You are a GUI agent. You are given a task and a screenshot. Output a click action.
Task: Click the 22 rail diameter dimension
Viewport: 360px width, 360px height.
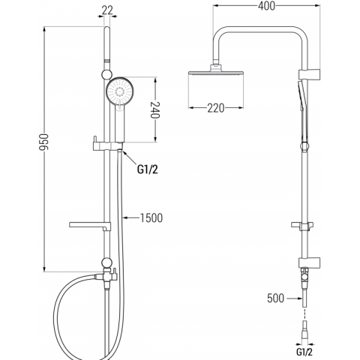pos(107,10)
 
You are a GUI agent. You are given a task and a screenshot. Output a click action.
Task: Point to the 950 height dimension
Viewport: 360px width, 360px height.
pos(43,142)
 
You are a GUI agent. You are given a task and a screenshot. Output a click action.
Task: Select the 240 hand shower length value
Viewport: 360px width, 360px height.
pos(155,110)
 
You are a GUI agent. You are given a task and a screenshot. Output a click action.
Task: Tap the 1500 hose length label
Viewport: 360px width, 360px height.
pos(151,218)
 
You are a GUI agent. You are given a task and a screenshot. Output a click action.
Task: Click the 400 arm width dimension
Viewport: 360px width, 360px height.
pos(266,6)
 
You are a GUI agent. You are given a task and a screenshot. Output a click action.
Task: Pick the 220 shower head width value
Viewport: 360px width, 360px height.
pos(216,108)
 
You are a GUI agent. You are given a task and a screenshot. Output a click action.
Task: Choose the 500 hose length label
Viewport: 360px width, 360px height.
pos(276,298)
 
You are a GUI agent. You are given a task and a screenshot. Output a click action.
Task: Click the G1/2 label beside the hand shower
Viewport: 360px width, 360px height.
pos(148,170)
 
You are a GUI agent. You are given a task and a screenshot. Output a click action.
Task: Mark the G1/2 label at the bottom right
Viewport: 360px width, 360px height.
pos(304,352)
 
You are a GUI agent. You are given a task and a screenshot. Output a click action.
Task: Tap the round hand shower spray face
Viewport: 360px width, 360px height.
pos(121,91)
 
